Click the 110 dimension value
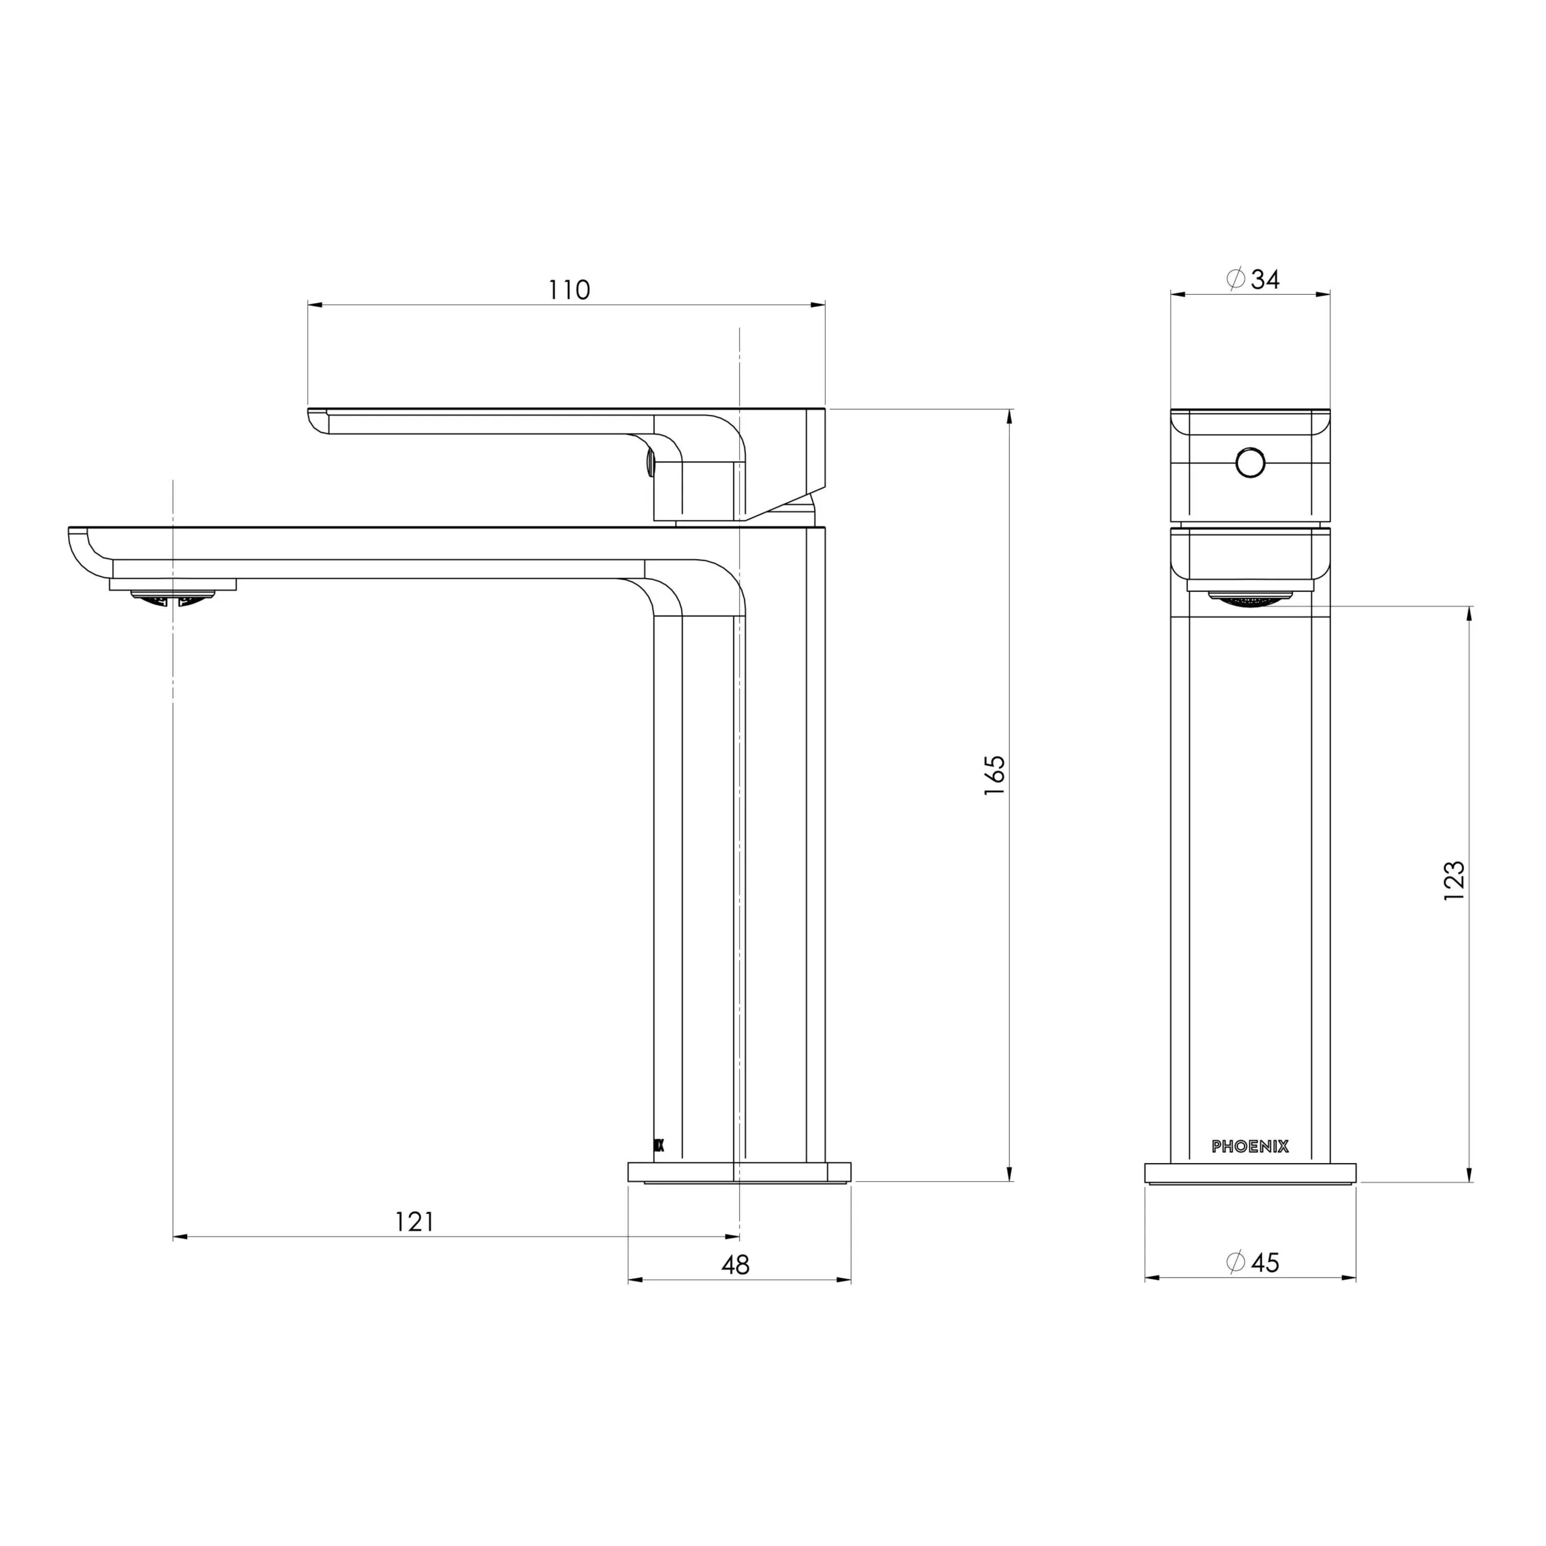click(569, 289)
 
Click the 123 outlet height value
click(1454, 881)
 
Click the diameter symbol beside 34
click(1236, 279)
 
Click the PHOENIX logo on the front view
click(1250, 1147)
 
